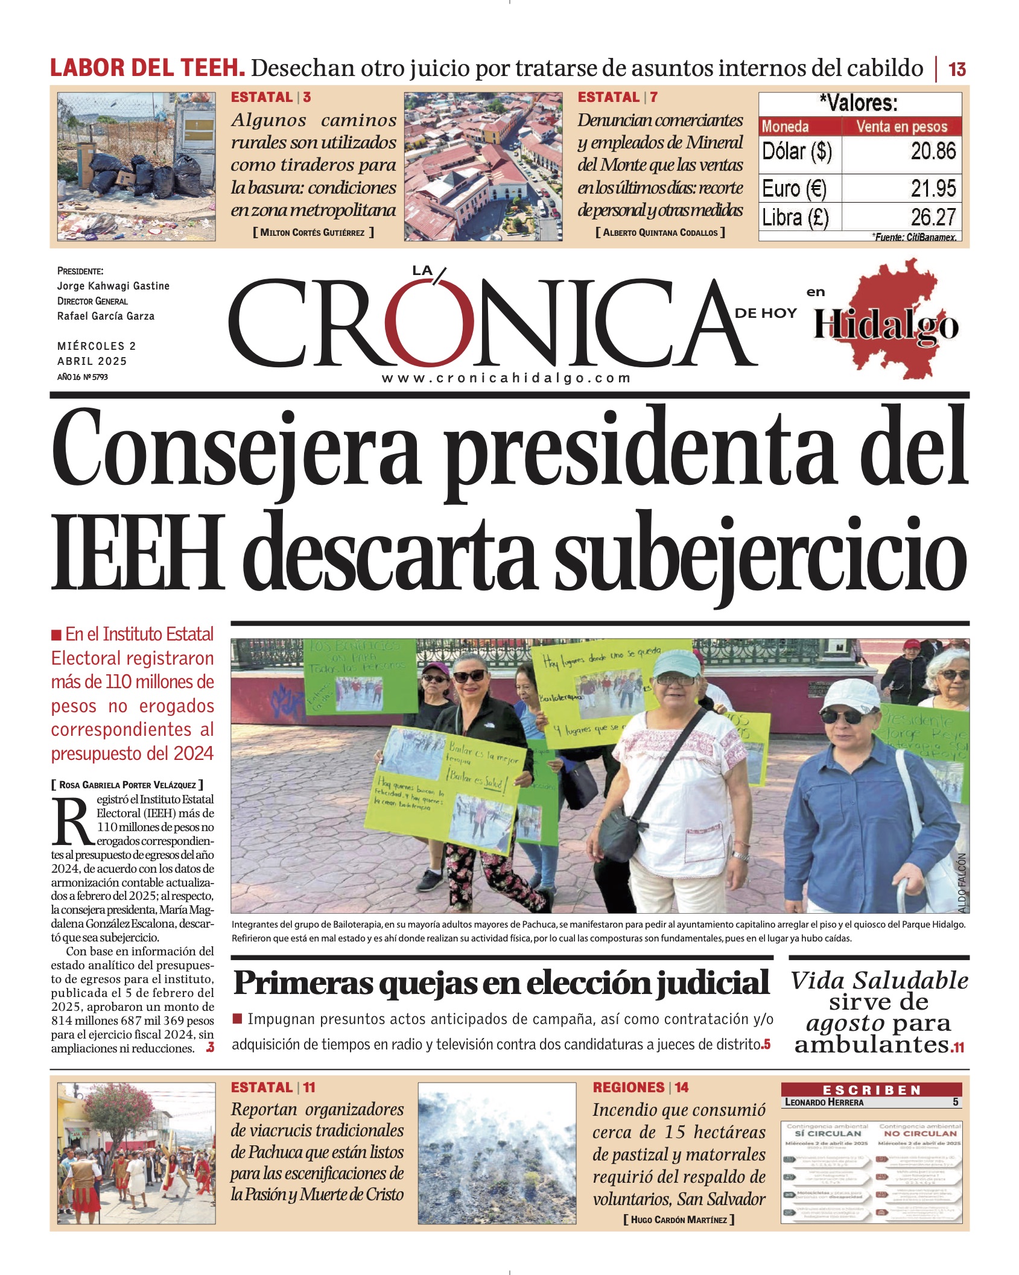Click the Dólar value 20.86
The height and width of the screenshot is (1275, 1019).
tap(933, 151)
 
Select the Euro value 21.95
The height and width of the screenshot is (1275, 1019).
tap(933, 189)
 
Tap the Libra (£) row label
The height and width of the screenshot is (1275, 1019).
tap(795, 217)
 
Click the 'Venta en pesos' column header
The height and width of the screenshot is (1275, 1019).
tap(901, 127)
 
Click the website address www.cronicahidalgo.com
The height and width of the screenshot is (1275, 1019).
tap(506, 378)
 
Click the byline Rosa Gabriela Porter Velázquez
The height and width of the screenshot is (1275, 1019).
tap(127, 785)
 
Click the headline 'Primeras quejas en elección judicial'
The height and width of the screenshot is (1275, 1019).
tap(501, 983)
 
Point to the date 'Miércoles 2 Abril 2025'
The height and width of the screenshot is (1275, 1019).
tap(97, 353)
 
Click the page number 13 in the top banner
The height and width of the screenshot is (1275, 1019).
tap(957, 69)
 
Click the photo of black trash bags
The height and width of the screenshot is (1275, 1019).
tap(136, 166)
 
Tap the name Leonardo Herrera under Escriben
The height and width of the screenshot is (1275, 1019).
tap(824, 1102)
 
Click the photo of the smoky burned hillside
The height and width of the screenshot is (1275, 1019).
tap(497, 1153)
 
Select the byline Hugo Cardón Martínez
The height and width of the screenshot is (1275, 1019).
tap(679, 1220)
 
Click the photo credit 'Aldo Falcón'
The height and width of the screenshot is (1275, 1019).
tap(962, 883)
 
